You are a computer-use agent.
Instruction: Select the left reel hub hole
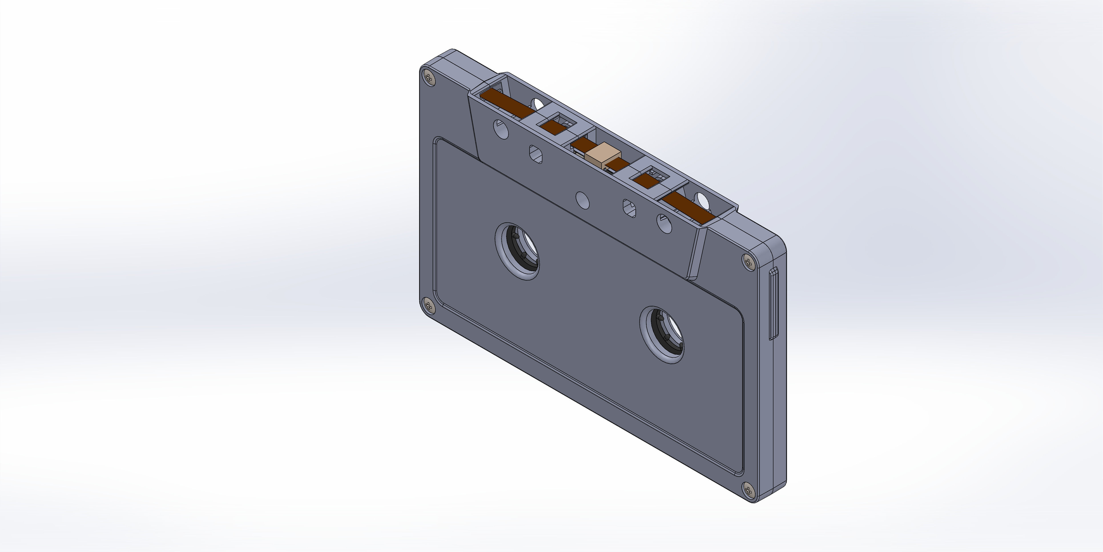(517, 251)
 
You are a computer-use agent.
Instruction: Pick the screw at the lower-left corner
(428, 305)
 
